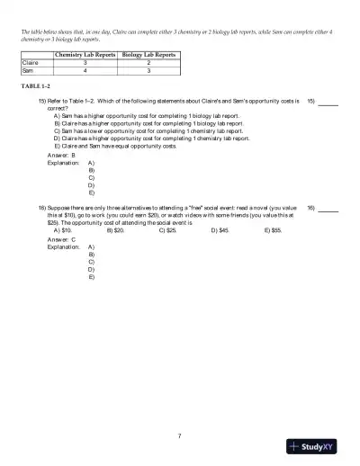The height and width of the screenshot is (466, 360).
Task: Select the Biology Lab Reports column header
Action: [148, 55]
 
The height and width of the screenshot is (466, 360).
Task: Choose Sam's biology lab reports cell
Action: [148, 71]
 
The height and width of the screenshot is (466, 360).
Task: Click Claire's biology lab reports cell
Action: [148, 63]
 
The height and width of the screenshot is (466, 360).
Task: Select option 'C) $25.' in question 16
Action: [168, 230]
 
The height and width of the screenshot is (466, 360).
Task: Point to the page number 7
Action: [180, 436]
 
